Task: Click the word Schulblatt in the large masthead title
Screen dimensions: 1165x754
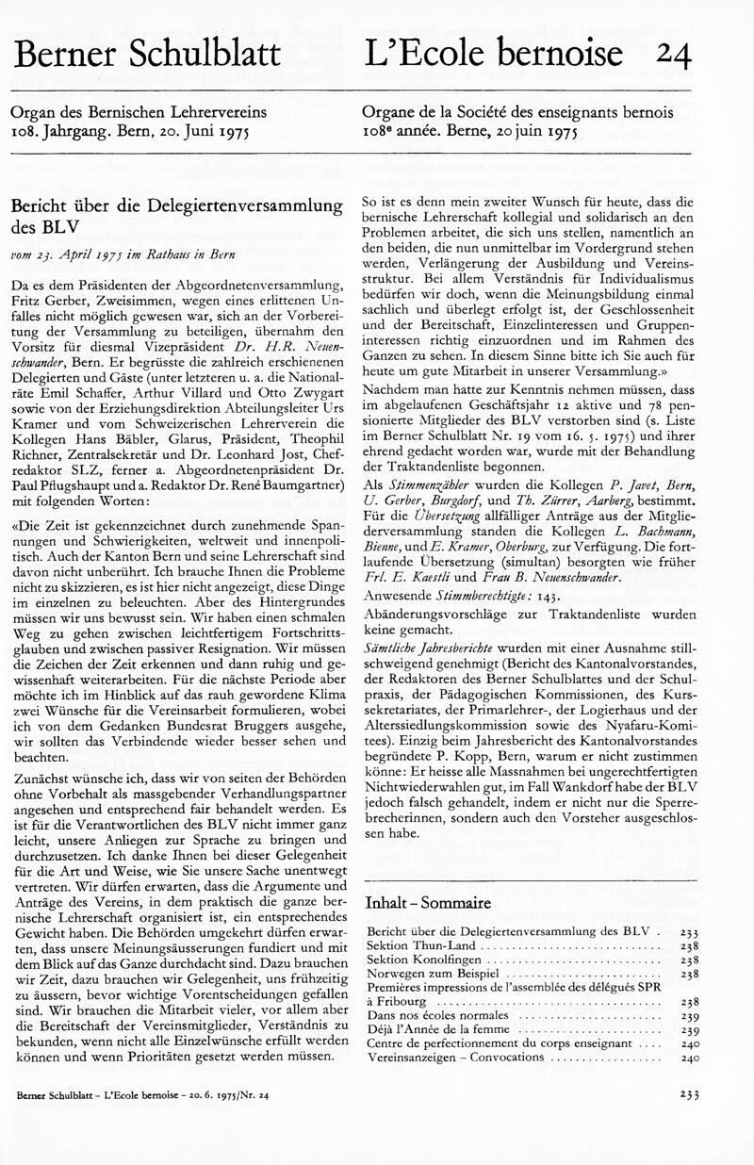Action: click(x=201, y=54)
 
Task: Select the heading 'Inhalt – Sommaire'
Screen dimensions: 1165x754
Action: click(x=429, y=903)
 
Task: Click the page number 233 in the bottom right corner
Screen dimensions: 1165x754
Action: click(x=689, y=1095)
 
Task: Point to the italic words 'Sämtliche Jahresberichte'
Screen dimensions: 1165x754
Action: click(x=429, y=650)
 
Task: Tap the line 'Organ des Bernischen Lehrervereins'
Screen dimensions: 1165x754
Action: click(x=139, y=112)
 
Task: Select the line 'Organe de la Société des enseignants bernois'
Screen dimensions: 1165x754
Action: click(x=517, y=112)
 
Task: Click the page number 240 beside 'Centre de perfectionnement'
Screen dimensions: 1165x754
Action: click(x=689, y=1044)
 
